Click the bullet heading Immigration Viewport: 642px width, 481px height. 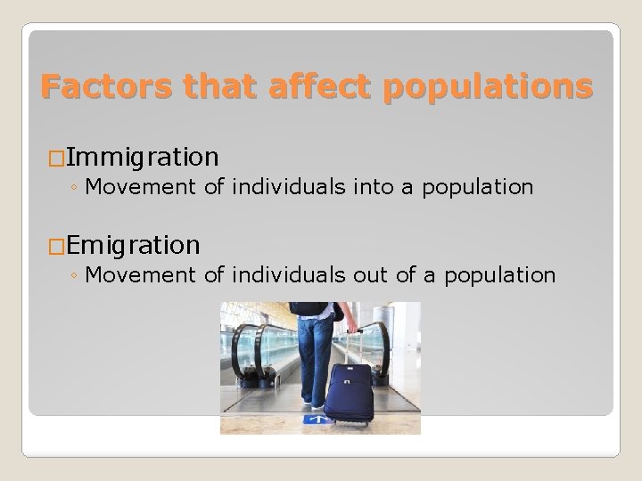coord(142,158)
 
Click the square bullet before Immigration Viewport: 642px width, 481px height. coord(55,159)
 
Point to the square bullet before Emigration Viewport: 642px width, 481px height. coord(55,243)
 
